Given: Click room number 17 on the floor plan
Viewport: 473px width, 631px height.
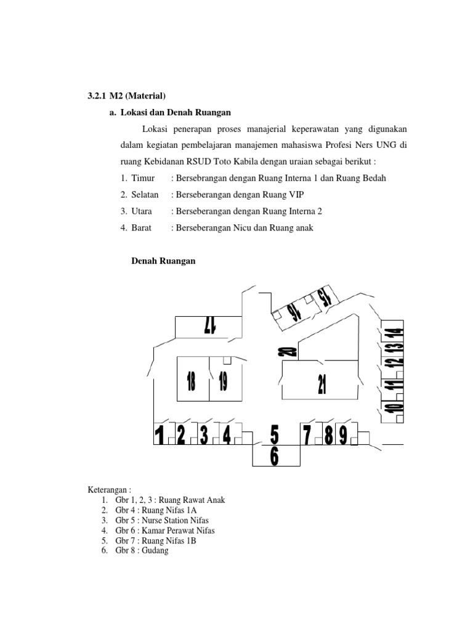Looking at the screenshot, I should (x=210, y=325).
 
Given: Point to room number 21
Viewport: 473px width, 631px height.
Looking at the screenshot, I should (x=321, y=383).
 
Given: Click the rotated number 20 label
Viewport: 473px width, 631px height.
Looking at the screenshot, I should (x=286, y=352).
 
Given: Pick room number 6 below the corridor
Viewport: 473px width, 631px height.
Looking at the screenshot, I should (x=275, y=457).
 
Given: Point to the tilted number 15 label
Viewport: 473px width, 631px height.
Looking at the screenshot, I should (x=325, y=298).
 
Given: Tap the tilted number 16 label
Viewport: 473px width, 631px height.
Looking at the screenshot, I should (x=296, y=312).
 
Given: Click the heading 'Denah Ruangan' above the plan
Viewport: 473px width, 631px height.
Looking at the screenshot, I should (x=164, y=261).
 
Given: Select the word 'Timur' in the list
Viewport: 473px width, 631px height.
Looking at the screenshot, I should (x=142, y=178).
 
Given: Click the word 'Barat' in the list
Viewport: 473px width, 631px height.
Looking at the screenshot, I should (x=141, y=228).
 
